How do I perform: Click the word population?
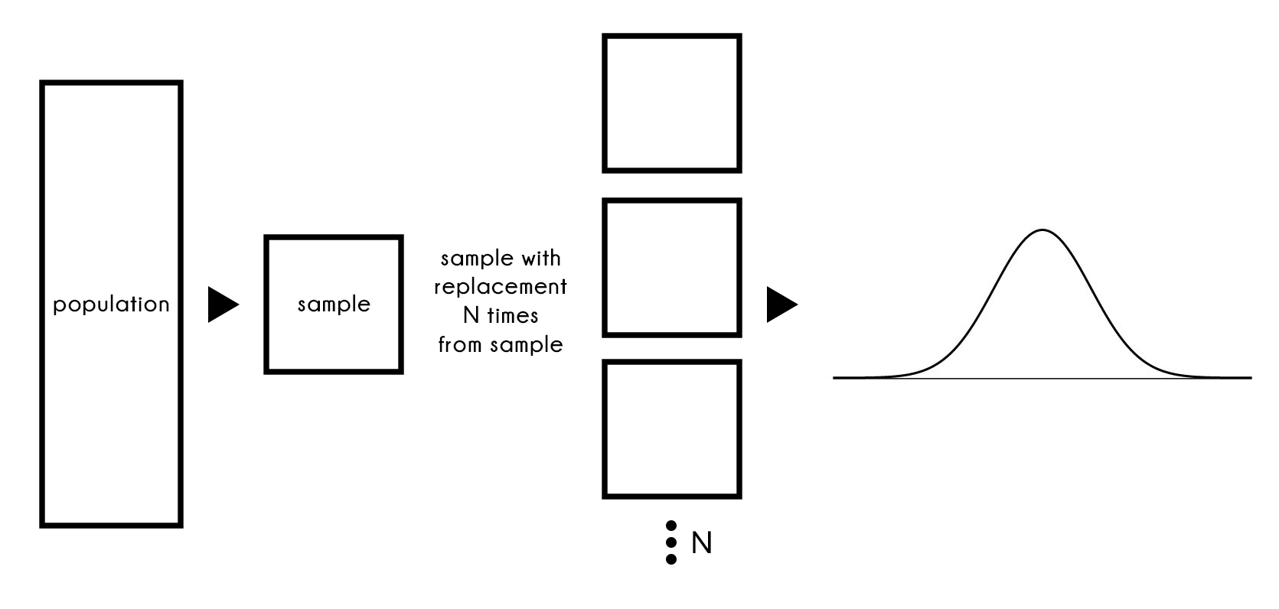coord(111,304)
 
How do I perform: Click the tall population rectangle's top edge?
coord(111,83)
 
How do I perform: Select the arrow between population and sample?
coord(222,304)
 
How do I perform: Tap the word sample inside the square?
coord(334,304)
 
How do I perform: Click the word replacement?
coord(501,287)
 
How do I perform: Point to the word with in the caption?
coord(540,258)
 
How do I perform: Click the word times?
coord(513,316)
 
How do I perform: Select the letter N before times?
coord(471,316)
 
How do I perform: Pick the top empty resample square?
coord(671,103)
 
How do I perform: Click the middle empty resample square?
coord(671,268)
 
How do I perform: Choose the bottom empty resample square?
coord(671,429)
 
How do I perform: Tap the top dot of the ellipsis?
coord(671,526)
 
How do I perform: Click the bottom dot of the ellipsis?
coord(671,559)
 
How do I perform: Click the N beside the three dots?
coord(701,543)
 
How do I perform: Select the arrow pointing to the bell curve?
coord(781,304)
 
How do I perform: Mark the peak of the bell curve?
coord(1042,230)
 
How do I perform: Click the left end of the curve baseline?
coord(835,378)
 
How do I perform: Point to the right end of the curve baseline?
coord(1250,378)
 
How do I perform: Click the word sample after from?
coord(527,345)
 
